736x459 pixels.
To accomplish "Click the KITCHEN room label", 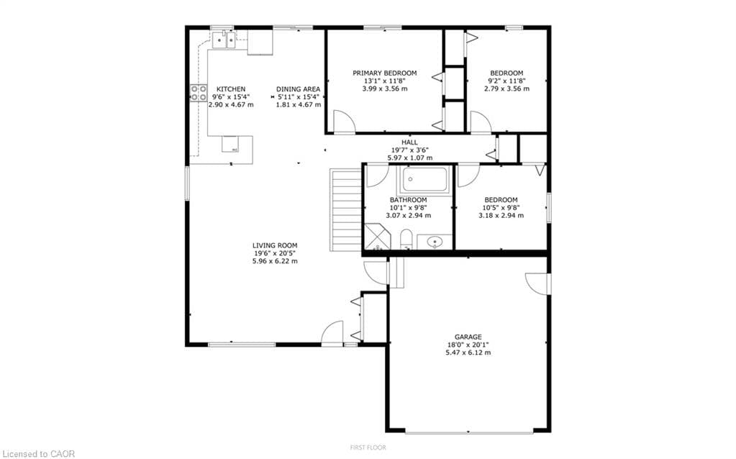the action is point(230,89).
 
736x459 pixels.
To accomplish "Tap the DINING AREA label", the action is point(298,89).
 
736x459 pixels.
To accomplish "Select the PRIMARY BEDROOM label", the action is point(384,73).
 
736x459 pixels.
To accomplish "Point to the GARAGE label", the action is point(468,337).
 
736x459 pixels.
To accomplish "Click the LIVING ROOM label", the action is point(275,245).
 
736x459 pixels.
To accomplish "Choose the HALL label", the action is point(409,142).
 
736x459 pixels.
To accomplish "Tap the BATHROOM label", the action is point(409,200).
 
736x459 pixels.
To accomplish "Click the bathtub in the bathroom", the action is point(424,180).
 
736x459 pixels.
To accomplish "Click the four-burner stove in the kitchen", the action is point(198,93).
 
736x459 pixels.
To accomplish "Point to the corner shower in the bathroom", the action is point(378,237).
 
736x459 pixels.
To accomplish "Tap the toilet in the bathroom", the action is point(406,240).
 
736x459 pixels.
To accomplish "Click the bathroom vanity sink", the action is point(435,242).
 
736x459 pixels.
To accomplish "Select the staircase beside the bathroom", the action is point(346,210).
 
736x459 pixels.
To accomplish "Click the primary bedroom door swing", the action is point(345,122).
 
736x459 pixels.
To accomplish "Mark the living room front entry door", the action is point(332,333).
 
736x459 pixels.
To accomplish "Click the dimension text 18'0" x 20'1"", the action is point(468,345).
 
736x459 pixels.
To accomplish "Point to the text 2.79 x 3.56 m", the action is point(507,88).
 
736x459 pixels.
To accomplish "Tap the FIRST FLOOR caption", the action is point(368,447).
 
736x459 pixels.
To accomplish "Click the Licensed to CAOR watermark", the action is point(37,454).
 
